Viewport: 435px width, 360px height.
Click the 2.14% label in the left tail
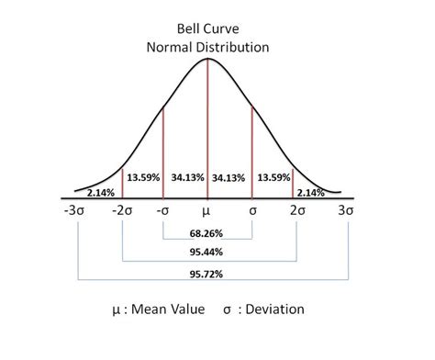pos(100,193)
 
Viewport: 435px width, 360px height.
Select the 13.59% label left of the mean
pos(143,176)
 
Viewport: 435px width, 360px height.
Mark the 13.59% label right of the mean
pos(273,176)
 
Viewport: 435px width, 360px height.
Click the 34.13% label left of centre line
pos(187,176)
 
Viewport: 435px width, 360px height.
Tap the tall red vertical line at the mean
pos(208,129)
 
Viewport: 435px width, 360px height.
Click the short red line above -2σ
pos(121,182)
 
